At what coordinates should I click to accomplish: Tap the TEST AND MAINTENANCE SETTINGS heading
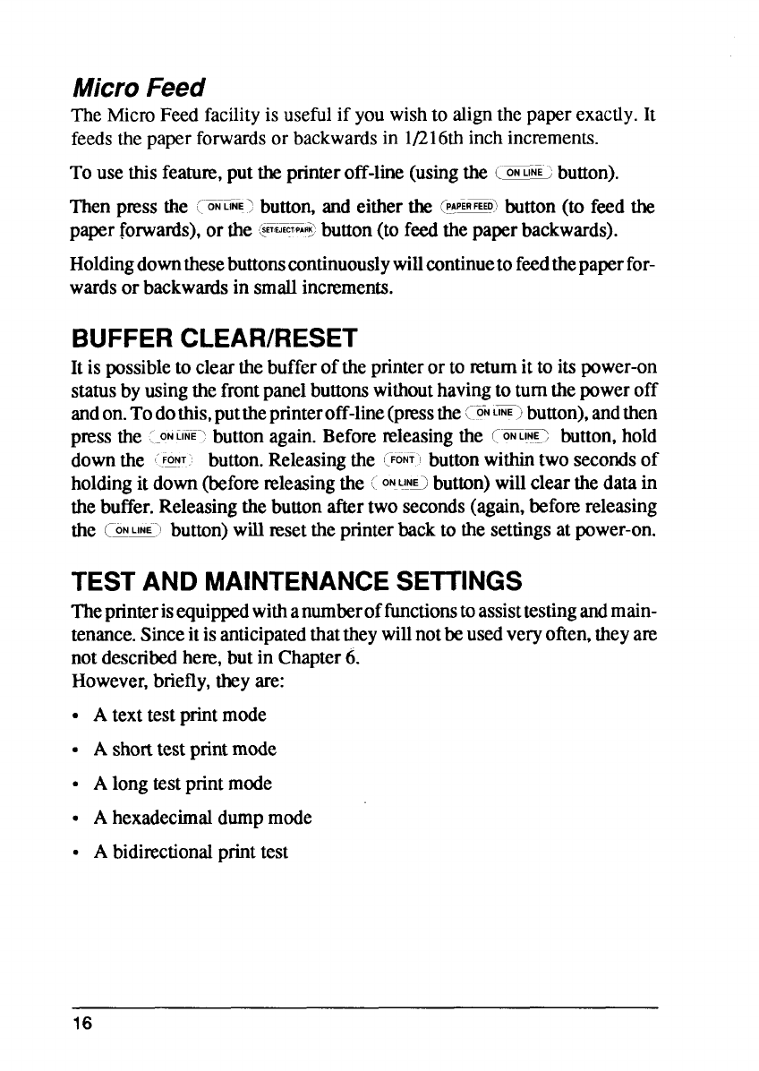pos(295,583)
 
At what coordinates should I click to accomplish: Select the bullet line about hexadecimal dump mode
pos(203,818)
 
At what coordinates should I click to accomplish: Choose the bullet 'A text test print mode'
pos(180,715)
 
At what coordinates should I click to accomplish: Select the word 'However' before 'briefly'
pos(99,683)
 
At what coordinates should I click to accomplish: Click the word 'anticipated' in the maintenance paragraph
pos(247,642)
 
